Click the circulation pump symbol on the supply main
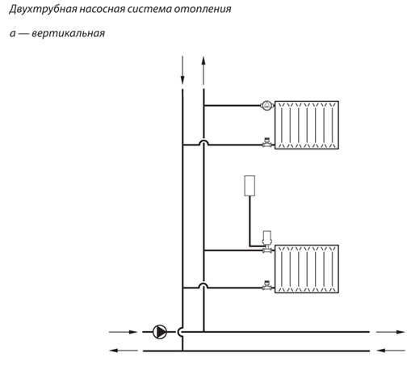pos(160,332)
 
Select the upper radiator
pos(307,125)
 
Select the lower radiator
pos(307,269)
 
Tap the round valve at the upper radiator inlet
pos(266,106)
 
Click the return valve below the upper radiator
pos(266,143)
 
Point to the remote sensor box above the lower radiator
pos(250,186)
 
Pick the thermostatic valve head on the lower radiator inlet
pos(266,237)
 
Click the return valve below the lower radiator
pos(266,285)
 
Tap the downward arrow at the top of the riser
pos(182,70)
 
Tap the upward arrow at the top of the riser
pos(203,70)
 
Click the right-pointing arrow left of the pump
pos(123,332)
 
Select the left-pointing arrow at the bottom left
pos(124,351)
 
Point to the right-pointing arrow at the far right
pos(390,332)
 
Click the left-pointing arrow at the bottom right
pos(391,351)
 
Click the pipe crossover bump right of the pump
pos(179,332)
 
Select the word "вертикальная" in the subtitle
pos(69,34)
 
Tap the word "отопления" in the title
pos(203,9)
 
